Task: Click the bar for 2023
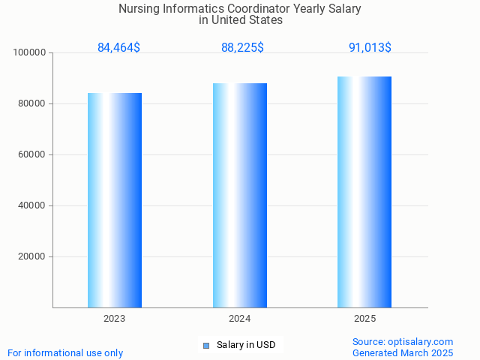tap(115, 200)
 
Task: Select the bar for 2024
tap(240, 195)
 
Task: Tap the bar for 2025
tap(364, 192)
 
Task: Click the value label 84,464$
tap(118, 48)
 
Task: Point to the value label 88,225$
tap(242, 48)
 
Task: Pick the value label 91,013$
tap(370, 48)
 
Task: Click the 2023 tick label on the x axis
tap(115, 319)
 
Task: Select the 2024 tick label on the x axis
tap(240, 319)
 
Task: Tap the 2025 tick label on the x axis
tap(365, 319)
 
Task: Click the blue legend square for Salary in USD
tap(206, 345)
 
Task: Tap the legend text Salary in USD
tap(246, 345)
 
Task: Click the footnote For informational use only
tap(65, 352)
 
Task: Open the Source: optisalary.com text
tap(403, 341)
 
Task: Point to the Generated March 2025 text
tap(403, 352)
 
